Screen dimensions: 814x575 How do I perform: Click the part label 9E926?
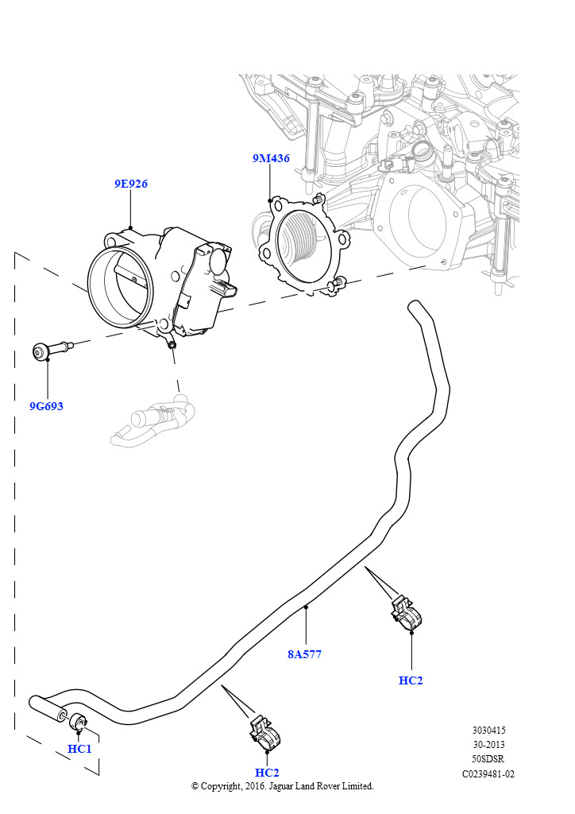[x=130, y=184]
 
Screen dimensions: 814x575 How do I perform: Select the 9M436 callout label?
[x=271, y=158]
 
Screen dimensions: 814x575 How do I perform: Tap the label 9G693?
[x=46, y=406]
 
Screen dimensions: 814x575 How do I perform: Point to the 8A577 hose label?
[x=304, y=654]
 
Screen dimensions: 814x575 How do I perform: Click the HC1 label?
[x=79, y=749]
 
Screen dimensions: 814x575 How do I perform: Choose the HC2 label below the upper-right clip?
[x=411, y=680]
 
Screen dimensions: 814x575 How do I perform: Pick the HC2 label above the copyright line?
[x=267, y=773]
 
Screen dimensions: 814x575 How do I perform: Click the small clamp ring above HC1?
[x=79, y=722]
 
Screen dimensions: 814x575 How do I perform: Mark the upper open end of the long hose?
[x=414, y=308]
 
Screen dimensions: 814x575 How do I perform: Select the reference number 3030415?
[x=488, y=731]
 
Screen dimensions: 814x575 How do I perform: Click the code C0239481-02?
[x=488, y=773]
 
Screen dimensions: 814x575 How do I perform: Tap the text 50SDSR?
[x=488, y=759]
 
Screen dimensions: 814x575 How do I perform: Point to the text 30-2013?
[x=488, y=745]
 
